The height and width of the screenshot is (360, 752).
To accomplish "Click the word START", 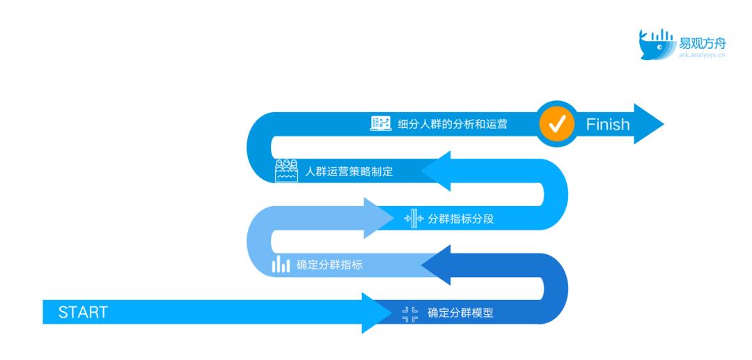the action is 83,312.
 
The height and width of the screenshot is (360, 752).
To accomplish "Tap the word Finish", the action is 608,124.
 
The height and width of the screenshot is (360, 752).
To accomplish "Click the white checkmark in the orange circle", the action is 557,124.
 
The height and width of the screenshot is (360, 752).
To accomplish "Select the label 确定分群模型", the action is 460,313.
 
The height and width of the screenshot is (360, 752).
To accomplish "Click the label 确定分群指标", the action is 329,265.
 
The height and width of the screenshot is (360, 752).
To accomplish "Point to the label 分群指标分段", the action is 460,219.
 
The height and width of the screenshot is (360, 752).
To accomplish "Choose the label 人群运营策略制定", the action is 349,171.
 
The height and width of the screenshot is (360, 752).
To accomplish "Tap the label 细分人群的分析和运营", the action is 453,124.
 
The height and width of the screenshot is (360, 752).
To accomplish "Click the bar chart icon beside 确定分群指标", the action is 281,264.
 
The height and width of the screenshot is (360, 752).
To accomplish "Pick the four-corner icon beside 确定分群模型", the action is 410,314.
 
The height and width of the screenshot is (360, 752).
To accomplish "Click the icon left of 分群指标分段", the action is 414,219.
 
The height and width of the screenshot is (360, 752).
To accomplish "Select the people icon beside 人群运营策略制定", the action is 286,170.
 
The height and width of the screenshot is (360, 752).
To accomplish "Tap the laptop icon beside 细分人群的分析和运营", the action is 381,123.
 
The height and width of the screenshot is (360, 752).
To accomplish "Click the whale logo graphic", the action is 657,45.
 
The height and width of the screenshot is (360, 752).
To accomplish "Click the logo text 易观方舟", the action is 702,44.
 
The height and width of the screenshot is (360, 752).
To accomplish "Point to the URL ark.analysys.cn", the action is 702,55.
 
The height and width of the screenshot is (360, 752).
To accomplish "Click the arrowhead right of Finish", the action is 649,124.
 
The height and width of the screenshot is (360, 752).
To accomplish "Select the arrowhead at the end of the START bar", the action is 377,313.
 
